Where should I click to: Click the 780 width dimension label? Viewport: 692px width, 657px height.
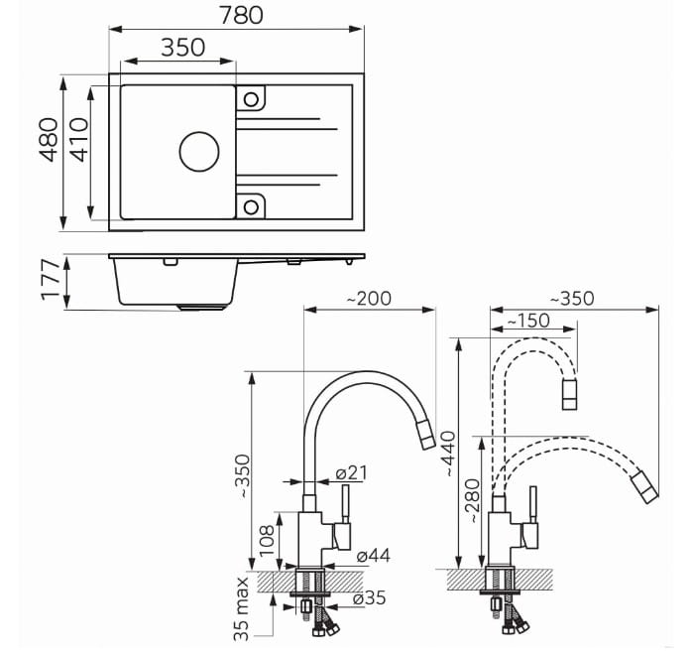pyautogui.click(x=241, y=16)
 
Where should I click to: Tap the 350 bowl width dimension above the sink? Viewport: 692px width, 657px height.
pyautogui.click(x=182, y=48)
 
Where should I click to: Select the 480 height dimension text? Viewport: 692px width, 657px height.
pyautogui.click(x=49, y=140)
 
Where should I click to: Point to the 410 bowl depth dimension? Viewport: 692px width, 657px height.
pyautogui.click(x=79, y=140)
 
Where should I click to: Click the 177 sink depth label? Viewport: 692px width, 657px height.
pyautogui.click(x=50, y=280)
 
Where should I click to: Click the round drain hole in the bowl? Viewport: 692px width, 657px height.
pyautogui.click(x=199, y=152)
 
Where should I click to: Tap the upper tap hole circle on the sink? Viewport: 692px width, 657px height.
pyautogui.click(x=251, y=99)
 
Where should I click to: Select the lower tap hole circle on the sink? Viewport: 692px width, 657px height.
pyautogui.click(x=251, y=206)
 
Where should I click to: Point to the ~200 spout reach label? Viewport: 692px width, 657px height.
pyautogui.click(x=369, y=299)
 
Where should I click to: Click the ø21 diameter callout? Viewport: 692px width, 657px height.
pyautogui.click(x=351, y=473)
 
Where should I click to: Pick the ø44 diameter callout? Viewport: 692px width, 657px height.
pyautogui.click(x=374, y=556)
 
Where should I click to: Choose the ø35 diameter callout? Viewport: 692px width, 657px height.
pyautogui.click(x=370, y=598)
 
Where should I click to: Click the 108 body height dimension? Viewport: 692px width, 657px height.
pyautogui.click(x=267, y=540)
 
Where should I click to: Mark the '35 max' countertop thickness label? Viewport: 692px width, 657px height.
pyautogui.click(x=241, y=608)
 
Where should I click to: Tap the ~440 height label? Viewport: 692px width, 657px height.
pyautogui.click(x=448, y=454)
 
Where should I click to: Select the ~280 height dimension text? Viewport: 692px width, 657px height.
pyautogui.click(x=473, y=501)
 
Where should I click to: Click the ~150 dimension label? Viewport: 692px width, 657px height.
pyautogui.click(x=527, y=321)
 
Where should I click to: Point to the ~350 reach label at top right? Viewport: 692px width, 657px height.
pyautogui.click(x=572, y=299)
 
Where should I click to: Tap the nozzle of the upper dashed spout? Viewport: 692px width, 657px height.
pyautogui.click(x=569, y=395)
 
